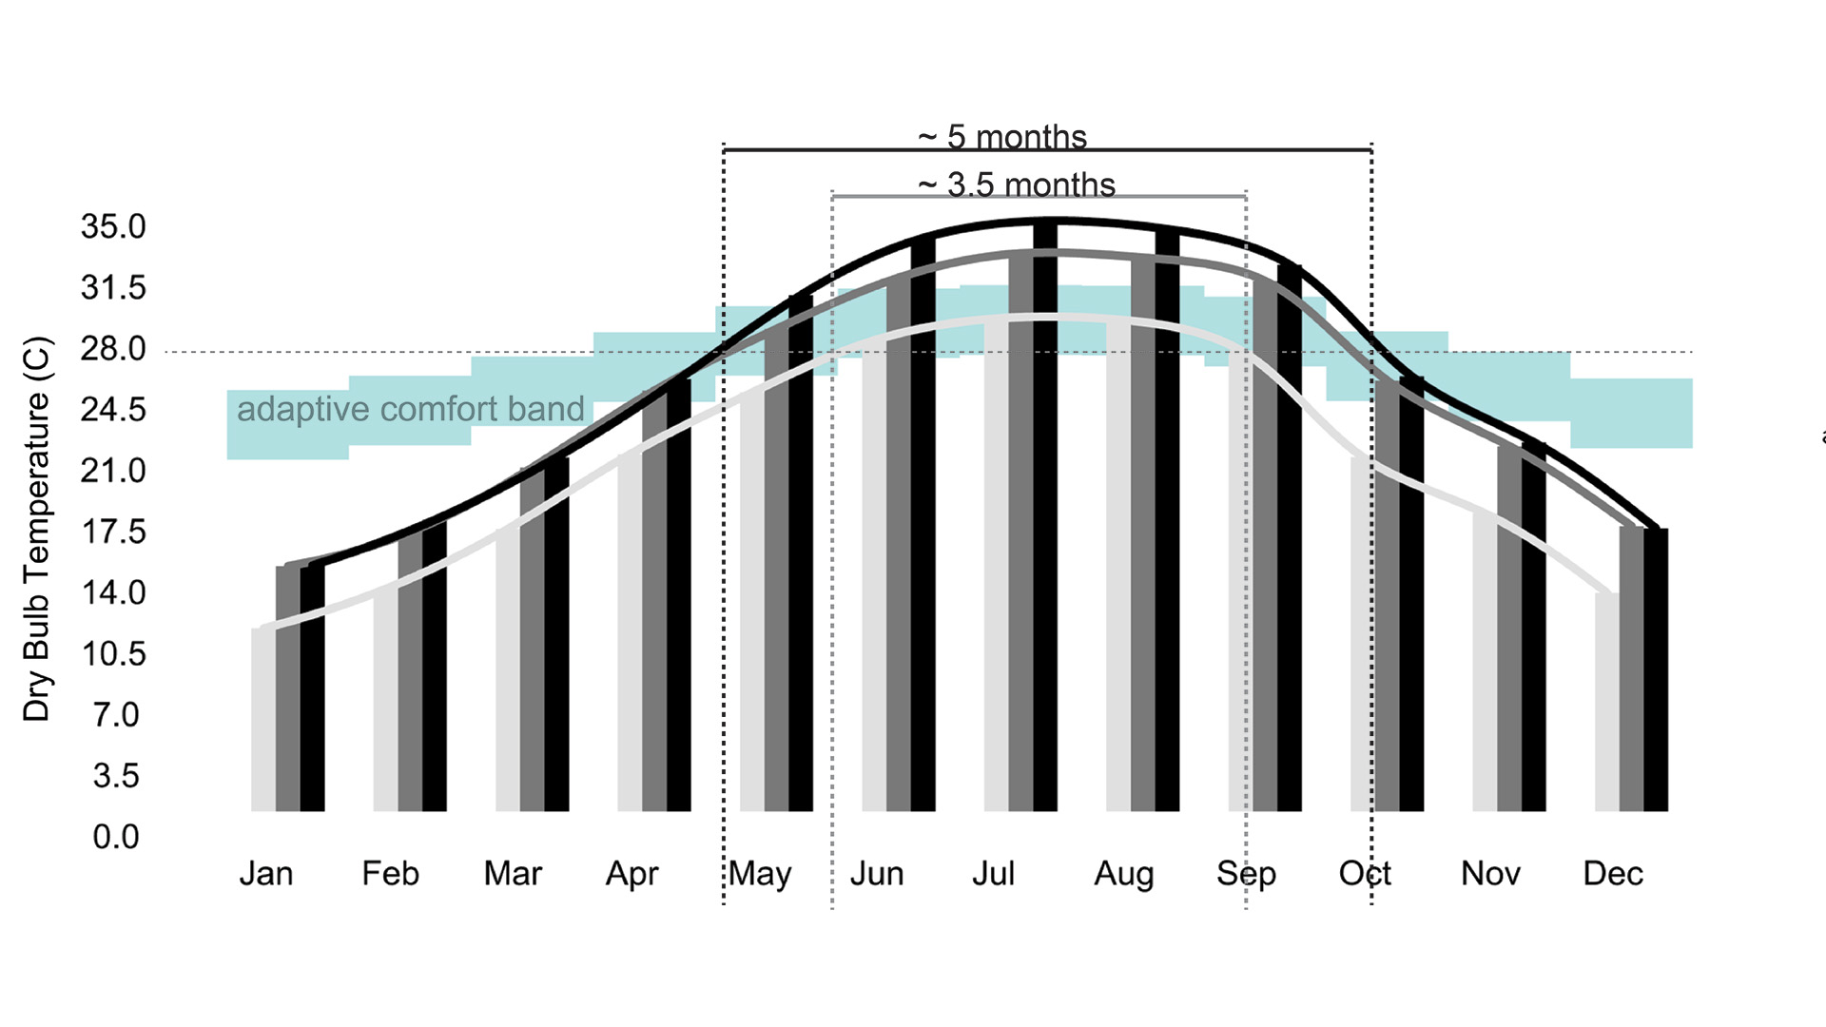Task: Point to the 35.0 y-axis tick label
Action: [113, 227]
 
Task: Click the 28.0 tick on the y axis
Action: [113, 349]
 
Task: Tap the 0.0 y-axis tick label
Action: [116, 837]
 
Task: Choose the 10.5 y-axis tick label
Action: [113, 654]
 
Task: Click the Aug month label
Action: [1124, 874]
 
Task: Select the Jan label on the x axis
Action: [266, 874]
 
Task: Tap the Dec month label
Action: [1613, 874]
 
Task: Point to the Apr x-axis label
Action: [632, 874]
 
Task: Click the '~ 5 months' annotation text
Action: [1002, 137]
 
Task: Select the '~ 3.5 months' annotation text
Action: [1017, 184]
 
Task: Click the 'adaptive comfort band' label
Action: [410, 409]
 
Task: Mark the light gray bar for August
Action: [1118, 571]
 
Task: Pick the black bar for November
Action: [1534, 628]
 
